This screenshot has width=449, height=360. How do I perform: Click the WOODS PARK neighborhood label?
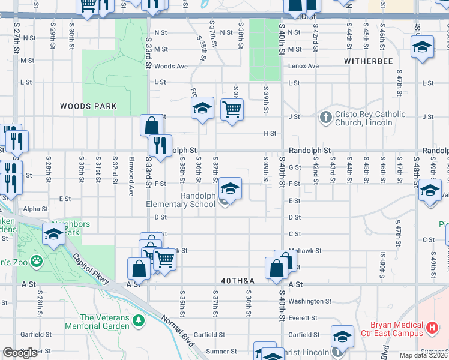click(x=88, y=106)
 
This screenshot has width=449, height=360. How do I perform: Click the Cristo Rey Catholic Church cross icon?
click(x=325, y=117)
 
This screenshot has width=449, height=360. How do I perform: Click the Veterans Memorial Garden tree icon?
click(x=139, y=322)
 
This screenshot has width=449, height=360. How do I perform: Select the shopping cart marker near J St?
click(x=232, y=109)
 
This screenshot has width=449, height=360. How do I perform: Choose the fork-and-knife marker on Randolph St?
click(x=160, y=145)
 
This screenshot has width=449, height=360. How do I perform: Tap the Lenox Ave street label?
click(x=303, y=66)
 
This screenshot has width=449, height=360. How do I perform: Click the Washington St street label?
click(x=309, y=301)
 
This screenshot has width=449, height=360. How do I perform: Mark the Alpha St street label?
click(x=36, y=209)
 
